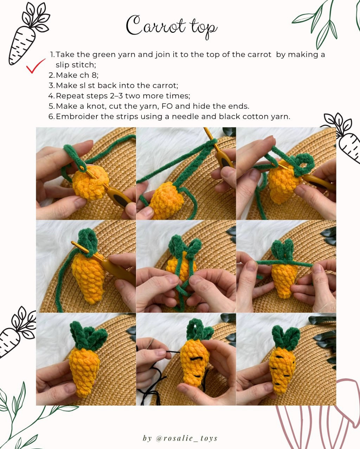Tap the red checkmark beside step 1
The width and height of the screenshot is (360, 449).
tap(36, 66)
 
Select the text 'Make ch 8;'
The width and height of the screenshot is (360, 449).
tap(77, 75)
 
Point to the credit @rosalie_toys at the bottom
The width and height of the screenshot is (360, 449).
tap(180, 438)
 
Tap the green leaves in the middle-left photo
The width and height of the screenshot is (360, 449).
tap(88, 241)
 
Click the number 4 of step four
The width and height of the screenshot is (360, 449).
tap(51, 96)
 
